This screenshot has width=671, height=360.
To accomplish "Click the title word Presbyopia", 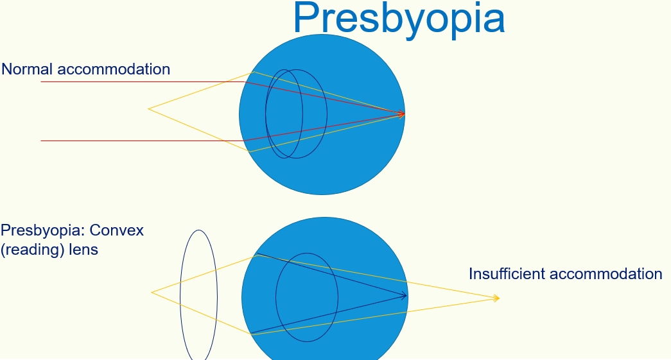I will [x=398, y=19].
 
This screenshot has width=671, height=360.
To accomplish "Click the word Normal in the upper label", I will [x=27, y=69].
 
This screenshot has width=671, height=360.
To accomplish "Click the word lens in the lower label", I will [x=84, y=250].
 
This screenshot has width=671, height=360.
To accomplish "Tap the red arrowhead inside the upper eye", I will [x=402, y=114].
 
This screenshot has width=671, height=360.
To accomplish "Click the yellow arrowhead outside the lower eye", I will [x=496, y=298].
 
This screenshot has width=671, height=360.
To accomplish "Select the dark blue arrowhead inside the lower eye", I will [x=404, y=296].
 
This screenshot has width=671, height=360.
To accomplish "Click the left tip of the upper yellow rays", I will [x=149, y=109].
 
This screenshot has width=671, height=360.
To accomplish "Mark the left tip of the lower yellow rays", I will [x=152, y=293].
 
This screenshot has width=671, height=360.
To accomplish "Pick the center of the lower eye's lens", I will [x=307, y=297].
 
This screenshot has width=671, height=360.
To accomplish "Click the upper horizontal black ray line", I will [x=128, y=82].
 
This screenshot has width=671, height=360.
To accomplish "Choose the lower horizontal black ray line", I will [x=128, y=141].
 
